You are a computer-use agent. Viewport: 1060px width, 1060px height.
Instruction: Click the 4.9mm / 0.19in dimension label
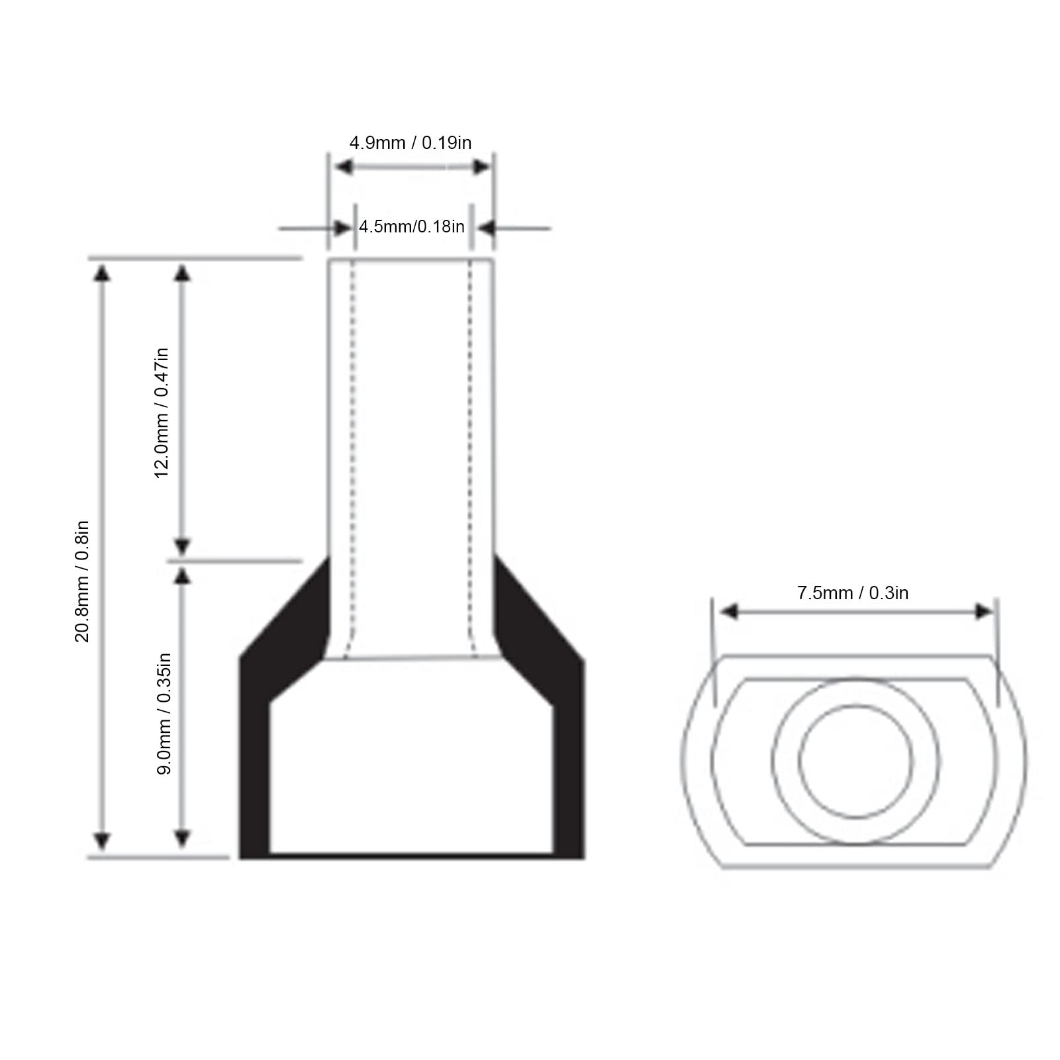410,143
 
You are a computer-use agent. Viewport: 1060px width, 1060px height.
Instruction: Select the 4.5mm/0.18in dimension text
411,226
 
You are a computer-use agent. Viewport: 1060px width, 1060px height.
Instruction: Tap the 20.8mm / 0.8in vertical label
81,581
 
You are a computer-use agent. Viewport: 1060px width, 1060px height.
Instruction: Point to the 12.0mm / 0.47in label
162,412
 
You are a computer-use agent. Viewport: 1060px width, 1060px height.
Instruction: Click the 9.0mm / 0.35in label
164,713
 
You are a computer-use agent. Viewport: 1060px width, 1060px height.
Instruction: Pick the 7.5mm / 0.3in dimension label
852,593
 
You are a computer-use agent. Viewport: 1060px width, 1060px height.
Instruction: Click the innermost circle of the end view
855,761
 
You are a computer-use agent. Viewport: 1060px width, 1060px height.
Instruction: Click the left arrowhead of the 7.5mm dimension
729,611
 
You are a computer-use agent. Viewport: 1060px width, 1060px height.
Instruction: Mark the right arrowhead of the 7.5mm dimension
985,611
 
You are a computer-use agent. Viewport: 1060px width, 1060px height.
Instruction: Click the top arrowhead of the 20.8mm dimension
101,272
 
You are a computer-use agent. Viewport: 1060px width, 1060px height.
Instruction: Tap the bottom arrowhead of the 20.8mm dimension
101,841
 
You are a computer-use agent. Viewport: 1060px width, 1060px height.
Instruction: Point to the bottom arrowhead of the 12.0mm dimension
182,547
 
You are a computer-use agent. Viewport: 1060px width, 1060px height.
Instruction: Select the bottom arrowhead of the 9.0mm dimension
182,838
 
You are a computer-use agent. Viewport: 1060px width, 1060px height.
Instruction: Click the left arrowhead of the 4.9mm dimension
343,167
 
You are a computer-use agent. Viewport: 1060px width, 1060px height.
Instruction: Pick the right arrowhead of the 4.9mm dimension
481,167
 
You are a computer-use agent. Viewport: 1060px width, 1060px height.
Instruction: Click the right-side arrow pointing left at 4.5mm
487,228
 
